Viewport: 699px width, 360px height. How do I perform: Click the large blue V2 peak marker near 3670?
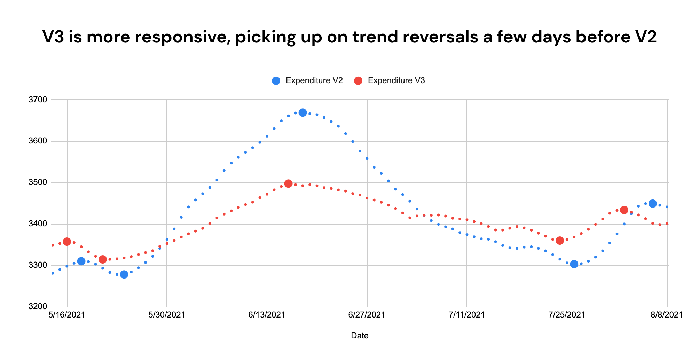303,112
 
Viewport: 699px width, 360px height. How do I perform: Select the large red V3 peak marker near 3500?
288,183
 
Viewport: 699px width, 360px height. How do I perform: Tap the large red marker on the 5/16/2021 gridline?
67,242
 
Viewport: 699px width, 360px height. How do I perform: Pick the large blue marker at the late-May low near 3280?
124,274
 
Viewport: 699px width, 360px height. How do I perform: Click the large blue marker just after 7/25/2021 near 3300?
574,264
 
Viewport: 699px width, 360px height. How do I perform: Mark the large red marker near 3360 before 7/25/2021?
560,241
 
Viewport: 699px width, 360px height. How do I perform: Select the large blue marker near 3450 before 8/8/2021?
653,204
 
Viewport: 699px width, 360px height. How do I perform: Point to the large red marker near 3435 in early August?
624,210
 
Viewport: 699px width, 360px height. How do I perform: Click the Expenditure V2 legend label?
314,81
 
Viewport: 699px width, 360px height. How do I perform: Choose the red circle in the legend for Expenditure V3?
358,81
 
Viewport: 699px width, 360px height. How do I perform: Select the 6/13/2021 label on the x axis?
267,315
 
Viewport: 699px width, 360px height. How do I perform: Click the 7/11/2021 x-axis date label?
467,315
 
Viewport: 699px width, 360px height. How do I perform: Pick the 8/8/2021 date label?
667,315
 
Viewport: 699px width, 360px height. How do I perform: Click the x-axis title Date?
360,336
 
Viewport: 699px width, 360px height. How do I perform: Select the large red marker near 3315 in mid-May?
102,259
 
